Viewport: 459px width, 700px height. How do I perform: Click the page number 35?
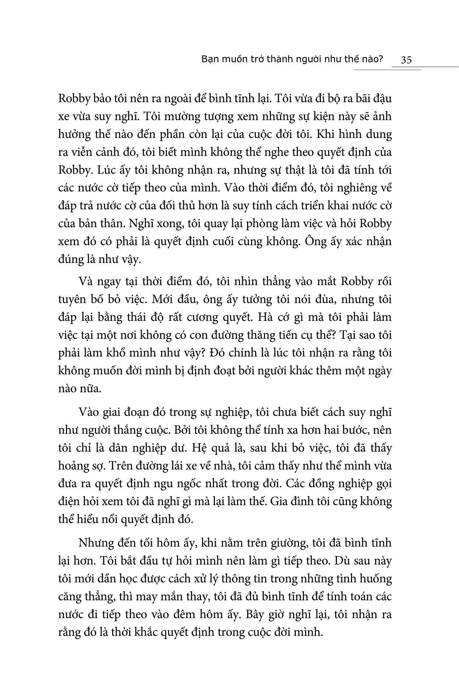(x=406, y=60)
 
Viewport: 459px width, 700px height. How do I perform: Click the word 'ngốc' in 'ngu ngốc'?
(x=222, y=484)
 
